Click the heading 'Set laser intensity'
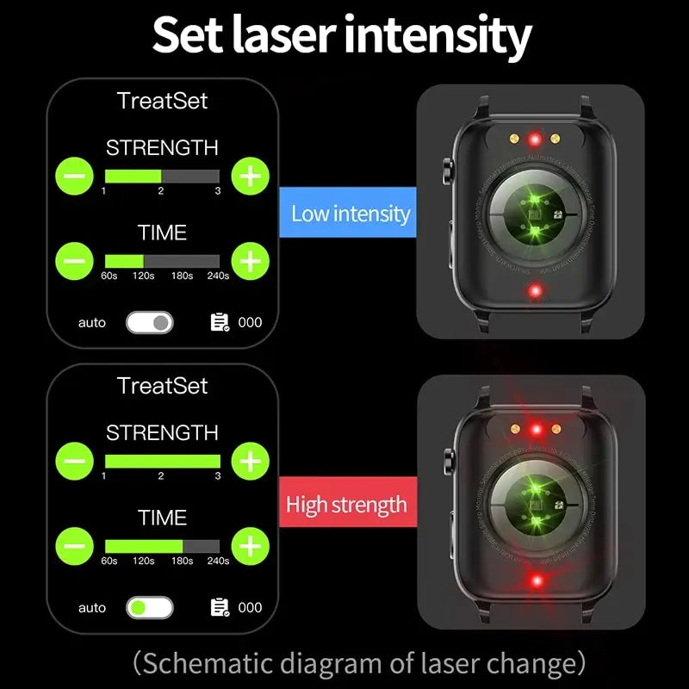point(343,36)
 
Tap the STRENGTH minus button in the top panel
point(75,176)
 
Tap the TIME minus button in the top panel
point(75,260)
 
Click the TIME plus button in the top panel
point(250,260)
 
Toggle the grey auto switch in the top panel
point(149,322)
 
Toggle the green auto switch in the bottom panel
point(149,607)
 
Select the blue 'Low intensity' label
point(350,214)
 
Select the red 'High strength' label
point(346,504)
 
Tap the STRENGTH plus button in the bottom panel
point(250,461)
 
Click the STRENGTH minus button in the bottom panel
point(75,461)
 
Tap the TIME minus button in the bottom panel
point(75,545)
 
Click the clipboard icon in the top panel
point(220,322)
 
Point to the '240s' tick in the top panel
point(218,276)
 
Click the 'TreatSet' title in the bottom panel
point(162,385)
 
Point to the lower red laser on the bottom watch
point(536,581)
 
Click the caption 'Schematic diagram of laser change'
point(359,663)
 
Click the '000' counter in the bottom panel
point(250,607)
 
